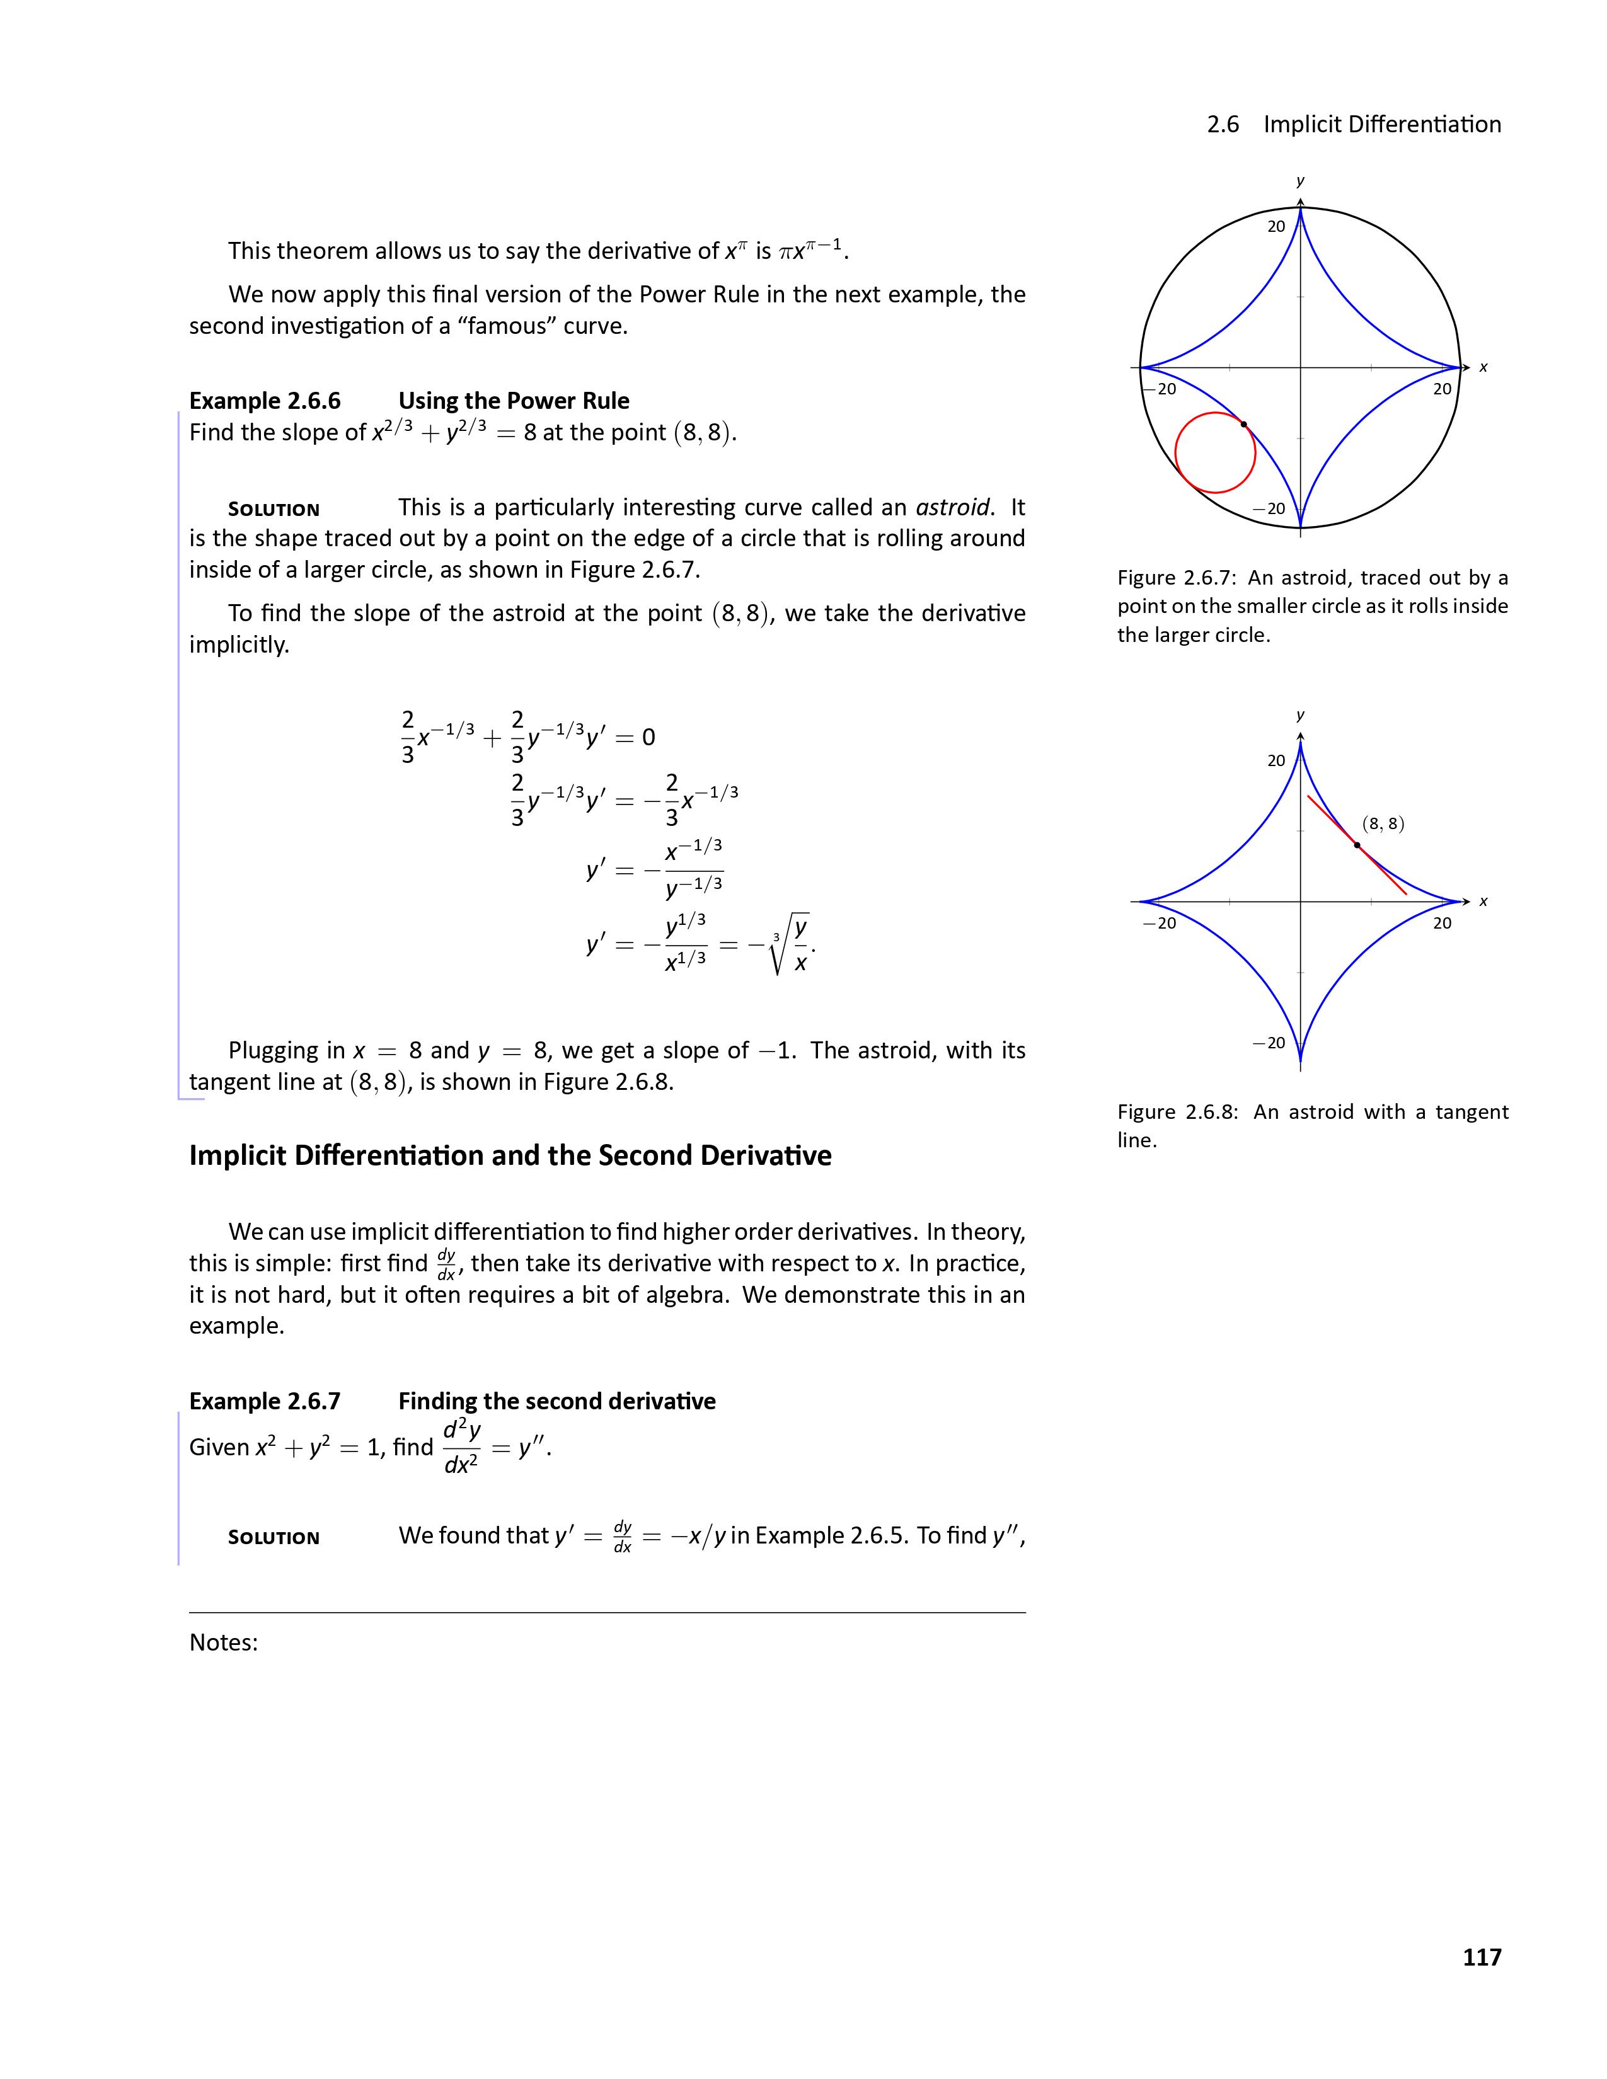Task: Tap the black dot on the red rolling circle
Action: (1243, 423)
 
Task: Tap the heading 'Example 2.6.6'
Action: (265, 401)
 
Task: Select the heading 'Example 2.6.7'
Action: (265, 1401)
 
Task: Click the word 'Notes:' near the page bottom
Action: (224, 1642)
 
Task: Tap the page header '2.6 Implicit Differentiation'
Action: (1354, 125)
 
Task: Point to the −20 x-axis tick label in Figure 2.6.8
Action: (1160, 922)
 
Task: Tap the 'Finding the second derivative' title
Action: (557, 1401)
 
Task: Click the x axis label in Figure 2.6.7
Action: (1483, 367)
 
